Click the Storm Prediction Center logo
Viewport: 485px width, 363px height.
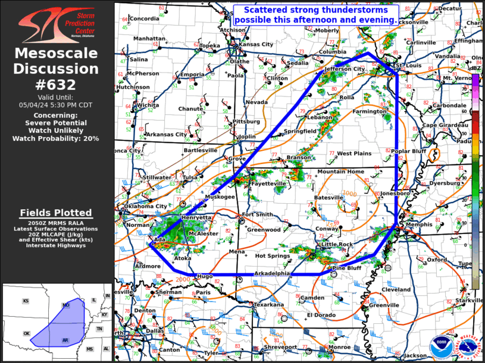click(57, 23)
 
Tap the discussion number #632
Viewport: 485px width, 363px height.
click(57, 85)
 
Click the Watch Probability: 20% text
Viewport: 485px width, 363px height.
click(56, 138)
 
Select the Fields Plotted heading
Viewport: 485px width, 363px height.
click(56, 213)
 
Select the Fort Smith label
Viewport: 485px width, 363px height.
click(257, 214)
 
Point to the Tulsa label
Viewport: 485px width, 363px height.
click(190, 178)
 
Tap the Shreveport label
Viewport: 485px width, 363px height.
click(280, 347)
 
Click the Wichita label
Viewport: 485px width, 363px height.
click(148, 105)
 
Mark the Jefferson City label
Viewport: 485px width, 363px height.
click(345, 69)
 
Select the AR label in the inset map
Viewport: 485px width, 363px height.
click(65, 340)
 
